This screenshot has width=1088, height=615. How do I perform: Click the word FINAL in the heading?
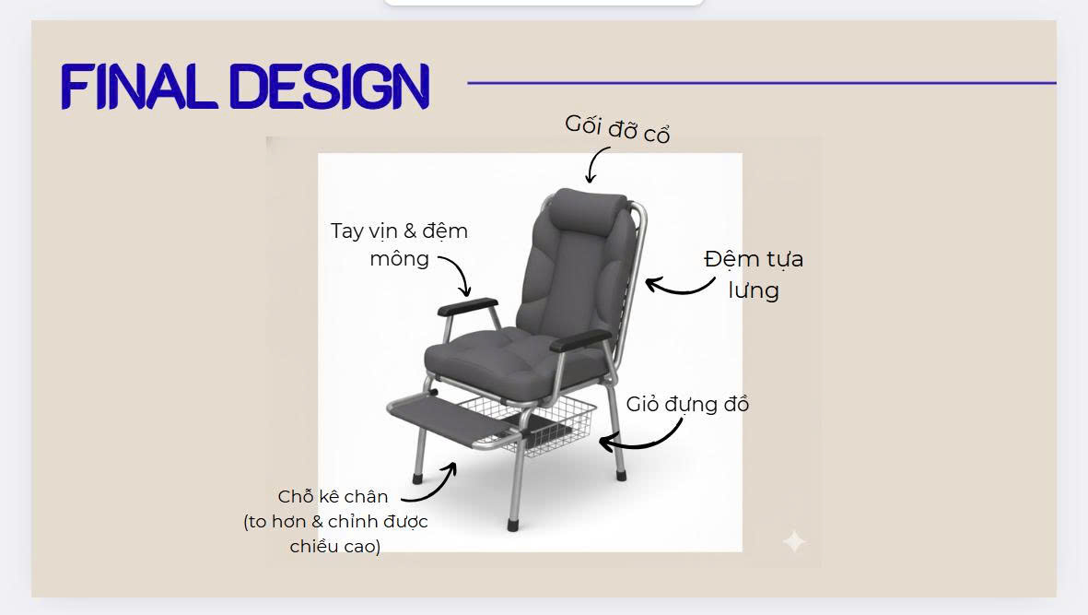coord(135,87)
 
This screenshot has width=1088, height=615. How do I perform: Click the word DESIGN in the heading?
coord(329,87)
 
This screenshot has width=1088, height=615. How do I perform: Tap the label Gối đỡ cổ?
coord(617,129)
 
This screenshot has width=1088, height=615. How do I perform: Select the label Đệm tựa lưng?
coord(754,274)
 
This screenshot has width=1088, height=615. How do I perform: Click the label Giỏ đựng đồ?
coord(687,404)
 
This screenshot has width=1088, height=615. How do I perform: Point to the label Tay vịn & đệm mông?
coord(399,244)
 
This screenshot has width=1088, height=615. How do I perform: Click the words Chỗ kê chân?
coord(333,496)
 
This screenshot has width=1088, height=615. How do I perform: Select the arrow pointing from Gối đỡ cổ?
coord(594,165)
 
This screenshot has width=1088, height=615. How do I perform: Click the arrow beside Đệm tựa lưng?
coord(680,288)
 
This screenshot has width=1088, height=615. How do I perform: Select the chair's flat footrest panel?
coord(452,420)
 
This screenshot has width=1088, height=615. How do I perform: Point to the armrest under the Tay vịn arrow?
coord(468,306)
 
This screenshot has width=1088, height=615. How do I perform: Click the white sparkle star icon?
coord(794,540)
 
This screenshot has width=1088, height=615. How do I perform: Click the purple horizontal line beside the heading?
coord(762,83)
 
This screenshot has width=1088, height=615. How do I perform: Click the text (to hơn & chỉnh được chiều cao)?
coord(336,534)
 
